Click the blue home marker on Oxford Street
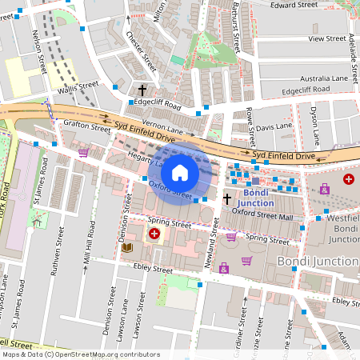pyautogui.click(x=180, y=172)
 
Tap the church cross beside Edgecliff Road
pyautogui.click(x=143, y=90)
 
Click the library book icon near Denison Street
pyautogui.click(x=126, y=249)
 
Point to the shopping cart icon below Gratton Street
pyautogui.click(x=83, y=152)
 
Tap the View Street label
pyautogui.click(x=326, y=38)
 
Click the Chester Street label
pyautogui.click(x=141, y=50)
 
